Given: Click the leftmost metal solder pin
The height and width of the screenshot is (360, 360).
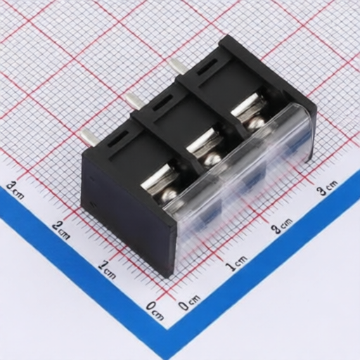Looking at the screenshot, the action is (87, 139).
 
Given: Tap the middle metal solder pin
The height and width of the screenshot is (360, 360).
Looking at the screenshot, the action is (133, 101).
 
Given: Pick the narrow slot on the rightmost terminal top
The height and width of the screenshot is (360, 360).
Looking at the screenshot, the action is (207, 67).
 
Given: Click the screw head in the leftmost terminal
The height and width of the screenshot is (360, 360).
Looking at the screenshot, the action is (169, 194).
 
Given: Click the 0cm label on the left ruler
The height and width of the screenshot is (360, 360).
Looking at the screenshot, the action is (155, 311).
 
